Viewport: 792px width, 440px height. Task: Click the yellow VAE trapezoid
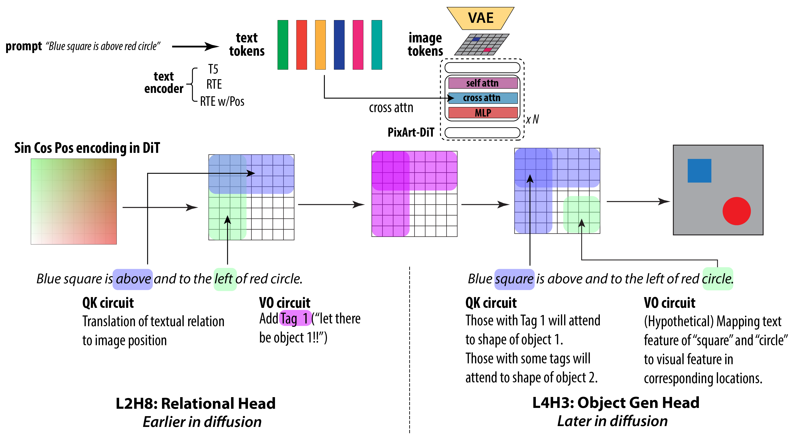480,18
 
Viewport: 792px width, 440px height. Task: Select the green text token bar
283,45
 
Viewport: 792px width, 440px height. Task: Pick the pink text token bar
358,45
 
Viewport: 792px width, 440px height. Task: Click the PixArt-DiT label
411,132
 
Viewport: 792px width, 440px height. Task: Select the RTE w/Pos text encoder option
222,101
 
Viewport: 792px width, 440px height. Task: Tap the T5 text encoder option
213,69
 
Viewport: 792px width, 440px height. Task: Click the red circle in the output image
736,211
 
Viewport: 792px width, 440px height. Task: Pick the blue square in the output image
699,171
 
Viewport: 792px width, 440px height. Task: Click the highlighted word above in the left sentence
133,279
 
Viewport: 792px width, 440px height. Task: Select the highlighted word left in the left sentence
225,279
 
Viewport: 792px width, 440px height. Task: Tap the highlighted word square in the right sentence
514,279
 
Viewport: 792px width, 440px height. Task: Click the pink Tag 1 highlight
295,318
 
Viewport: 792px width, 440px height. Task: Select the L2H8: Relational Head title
196,403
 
